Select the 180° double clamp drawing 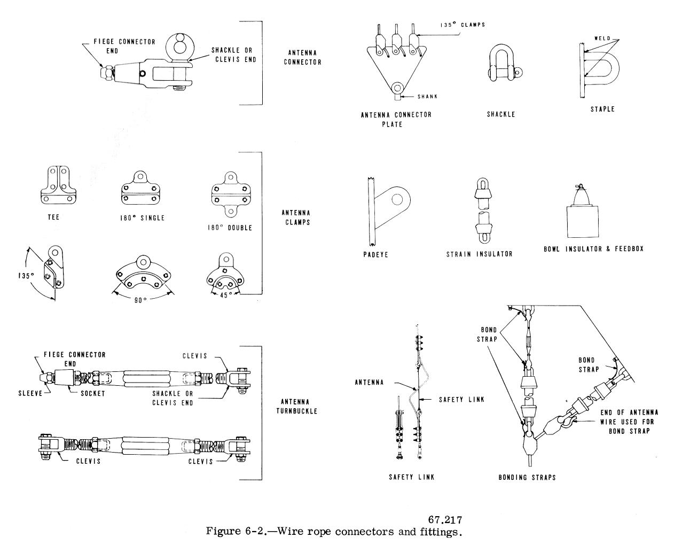coord(231,194)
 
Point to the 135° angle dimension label coord(25,276)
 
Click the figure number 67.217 coord(445,519)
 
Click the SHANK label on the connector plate coord(427,97)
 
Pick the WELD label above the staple coord(602,38)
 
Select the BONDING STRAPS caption coord(527,477)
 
